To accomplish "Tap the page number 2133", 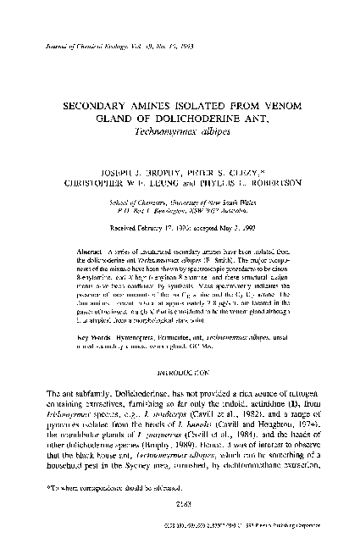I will coord(180,524).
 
